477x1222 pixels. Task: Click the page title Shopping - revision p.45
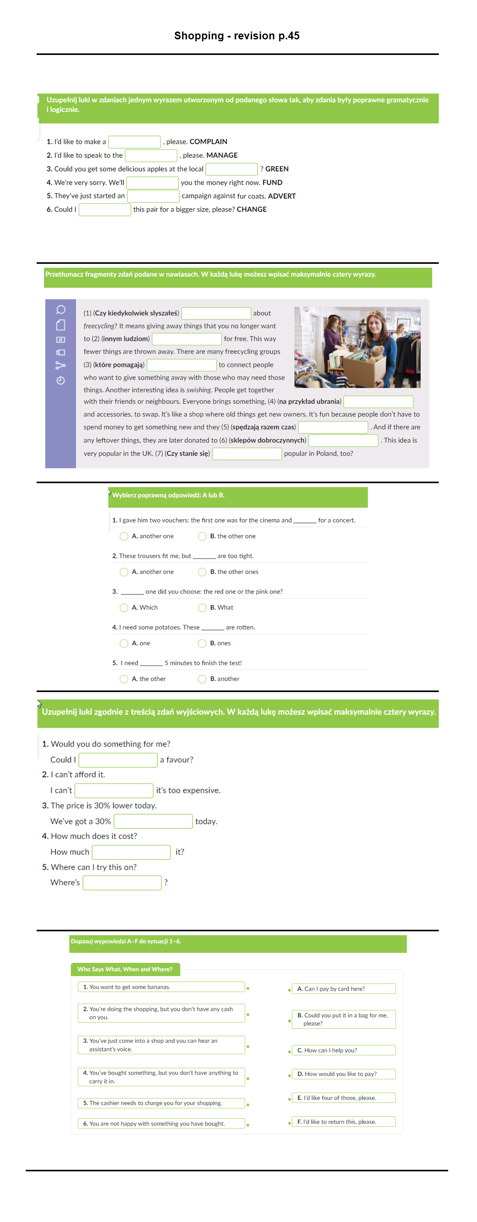(x=237, y=35)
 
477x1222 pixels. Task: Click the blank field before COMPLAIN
(x=134, y=142)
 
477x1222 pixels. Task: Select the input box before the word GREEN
(x=231, y=169)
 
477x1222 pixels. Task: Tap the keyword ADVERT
(x=281, y=196)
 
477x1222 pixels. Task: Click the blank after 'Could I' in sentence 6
(x=104, y=210)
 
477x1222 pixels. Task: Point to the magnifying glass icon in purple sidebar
(x=61, y=310)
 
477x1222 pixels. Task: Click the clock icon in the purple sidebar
(x=61, y=380)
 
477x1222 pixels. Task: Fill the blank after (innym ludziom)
(x=187, y=339)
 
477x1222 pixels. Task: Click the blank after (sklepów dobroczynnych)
(x=343, y=440)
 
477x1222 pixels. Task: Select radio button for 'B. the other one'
(x=202, y=536)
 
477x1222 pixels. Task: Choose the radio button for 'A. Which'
(x=124, y=607)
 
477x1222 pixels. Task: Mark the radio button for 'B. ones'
(x=202, y=643)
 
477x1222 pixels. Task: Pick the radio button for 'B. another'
(x=202, y=679)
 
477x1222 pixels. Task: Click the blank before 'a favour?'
(x=118, y=760)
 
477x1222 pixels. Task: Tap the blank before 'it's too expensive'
(x=114, y=790)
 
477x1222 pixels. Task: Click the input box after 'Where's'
(x=122, y=883)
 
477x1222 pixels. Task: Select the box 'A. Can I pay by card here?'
(x=343, y=989)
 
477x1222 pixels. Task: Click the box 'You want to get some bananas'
(x=161, y=987)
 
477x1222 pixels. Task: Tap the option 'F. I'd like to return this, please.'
(x=343, y=1121)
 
